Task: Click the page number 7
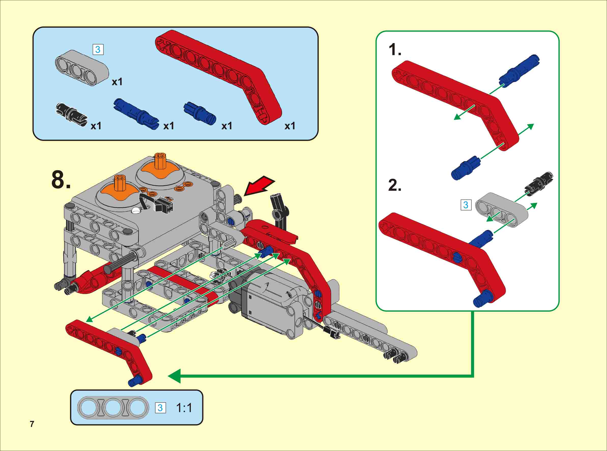[x=32, y=424]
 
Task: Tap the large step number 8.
[x=61, y=179]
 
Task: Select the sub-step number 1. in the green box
[x=395, y=50]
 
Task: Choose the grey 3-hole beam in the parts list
[x=82, y=68]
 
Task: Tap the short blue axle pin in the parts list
[x=200, y=112]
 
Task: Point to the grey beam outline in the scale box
[x=113, y=407]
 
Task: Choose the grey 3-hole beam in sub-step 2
[x=501, y=210]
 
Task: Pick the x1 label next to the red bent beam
[x=290, y=126]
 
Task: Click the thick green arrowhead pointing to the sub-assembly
[x=175, y=376]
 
